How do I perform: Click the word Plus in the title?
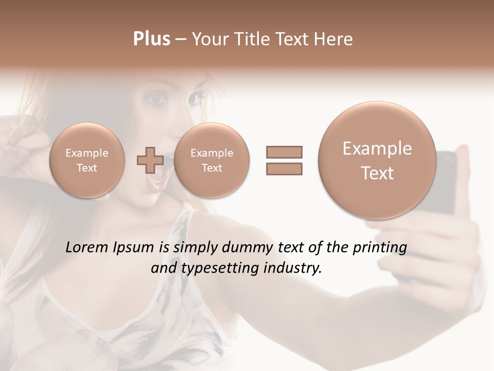151,39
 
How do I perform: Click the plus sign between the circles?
150,160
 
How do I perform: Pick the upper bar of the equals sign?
284,152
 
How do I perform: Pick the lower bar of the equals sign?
284,168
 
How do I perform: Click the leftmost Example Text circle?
87,160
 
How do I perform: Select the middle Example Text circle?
211,160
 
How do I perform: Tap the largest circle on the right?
377,160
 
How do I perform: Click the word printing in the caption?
381,248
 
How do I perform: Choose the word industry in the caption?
296,268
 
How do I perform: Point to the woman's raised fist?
21,137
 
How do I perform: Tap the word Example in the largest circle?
377,149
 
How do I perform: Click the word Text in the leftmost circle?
87,168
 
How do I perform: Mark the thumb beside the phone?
463,170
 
